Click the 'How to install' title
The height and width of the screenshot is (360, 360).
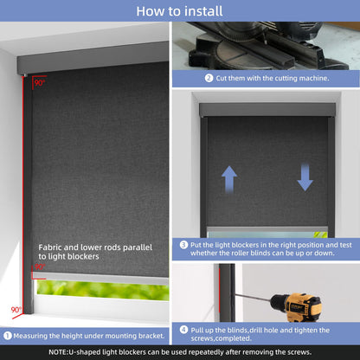click(179, 11)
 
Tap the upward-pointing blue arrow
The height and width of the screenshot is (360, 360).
click(229, 179)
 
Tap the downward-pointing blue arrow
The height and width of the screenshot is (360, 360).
click(305, 177)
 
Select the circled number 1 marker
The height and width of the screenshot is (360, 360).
click(8, 336)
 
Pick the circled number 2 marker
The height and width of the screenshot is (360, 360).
click(209, 78)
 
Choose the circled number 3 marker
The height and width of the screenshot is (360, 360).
click(183, 245)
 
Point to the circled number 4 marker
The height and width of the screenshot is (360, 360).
click(183, 330)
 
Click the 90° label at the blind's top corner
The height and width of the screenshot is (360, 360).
click(40, 83)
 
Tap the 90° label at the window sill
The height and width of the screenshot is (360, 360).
click(16, 310)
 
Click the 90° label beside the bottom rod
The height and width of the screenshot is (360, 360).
click(40, 267)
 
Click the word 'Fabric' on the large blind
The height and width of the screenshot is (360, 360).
click(49, 247)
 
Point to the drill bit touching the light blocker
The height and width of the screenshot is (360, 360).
click(253, 298)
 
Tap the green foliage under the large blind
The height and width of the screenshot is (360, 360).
click(103, 290)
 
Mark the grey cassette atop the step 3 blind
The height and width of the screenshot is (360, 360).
click(267, 110)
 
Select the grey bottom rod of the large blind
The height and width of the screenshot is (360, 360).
click(100, 278)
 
